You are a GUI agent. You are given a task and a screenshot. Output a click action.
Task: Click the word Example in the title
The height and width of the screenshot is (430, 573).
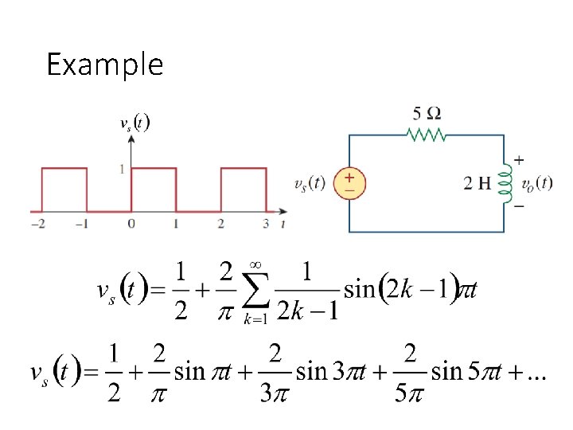tap(104, 64)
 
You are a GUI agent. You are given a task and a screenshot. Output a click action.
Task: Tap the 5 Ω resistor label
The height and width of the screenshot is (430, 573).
tap(427, 113)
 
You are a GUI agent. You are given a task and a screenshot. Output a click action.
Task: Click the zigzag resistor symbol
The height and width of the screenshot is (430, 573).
tap(427, 135)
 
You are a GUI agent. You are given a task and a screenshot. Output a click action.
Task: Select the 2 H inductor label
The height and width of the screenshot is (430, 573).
tap(477, 183)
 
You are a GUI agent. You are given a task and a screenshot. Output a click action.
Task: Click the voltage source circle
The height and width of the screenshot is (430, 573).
tap(349, 182)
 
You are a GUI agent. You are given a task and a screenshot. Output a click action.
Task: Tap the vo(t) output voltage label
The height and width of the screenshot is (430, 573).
tap(536, 183)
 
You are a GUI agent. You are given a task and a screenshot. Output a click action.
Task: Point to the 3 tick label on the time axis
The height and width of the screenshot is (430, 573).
tap(265, 225)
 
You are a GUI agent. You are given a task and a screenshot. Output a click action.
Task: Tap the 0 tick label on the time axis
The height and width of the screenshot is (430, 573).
tap(131, 225)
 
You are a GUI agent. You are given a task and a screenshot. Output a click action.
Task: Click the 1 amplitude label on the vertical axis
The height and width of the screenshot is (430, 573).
tap(120, 168)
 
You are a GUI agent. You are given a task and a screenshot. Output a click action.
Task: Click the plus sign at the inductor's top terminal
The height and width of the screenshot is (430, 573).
tap(519, 159)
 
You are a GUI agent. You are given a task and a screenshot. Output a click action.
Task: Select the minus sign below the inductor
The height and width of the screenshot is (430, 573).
tap(519, 206)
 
